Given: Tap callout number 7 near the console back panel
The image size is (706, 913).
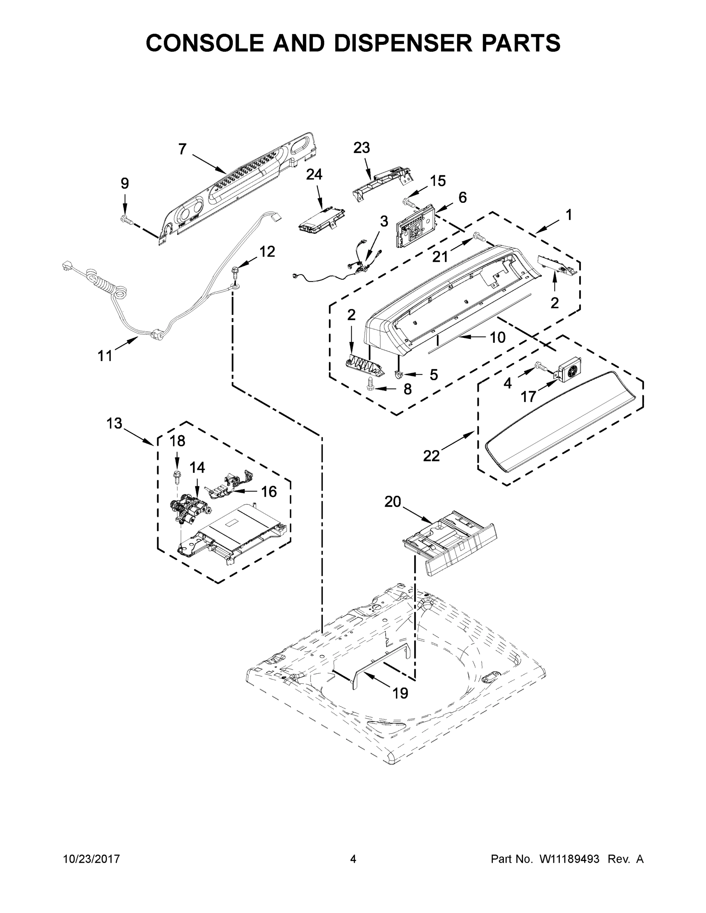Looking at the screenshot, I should point(182,149).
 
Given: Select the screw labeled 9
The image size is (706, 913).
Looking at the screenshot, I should point(126,219).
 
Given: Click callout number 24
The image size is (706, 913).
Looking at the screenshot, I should point(314,174).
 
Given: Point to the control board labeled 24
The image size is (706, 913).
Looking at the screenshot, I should point(321,221).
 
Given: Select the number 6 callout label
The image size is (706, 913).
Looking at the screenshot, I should point(462,197).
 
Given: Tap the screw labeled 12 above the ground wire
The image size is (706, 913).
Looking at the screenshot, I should point(236,272).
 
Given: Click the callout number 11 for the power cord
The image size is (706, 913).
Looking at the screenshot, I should point(105,356).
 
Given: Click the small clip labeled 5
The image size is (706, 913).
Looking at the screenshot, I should point(399,373).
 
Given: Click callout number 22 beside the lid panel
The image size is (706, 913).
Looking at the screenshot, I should point(431,456).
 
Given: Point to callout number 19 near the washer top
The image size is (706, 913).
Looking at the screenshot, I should point(400,693).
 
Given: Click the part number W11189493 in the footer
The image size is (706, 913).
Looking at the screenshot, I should point(570,859).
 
